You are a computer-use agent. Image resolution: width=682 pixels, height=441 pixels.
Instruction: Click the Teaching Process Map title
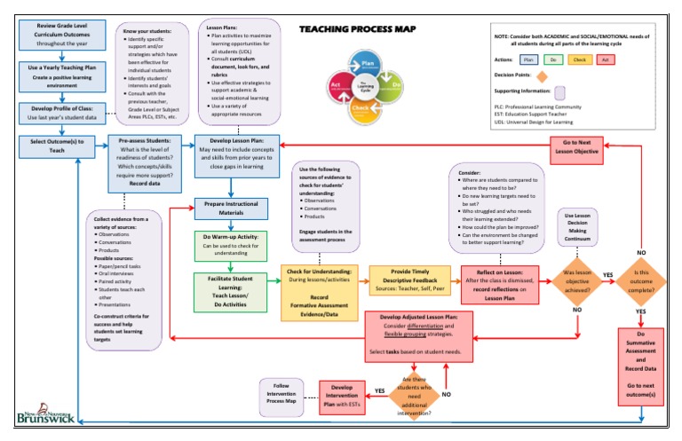[x=357, y=28]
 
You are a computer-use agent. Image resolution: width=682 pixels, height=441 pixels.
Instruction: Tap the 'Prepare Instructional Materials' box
[x=230, y=209]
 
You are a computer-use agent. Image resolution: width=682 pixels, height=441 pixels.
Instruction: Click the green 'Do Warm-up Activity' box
[x=230, y=245]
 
